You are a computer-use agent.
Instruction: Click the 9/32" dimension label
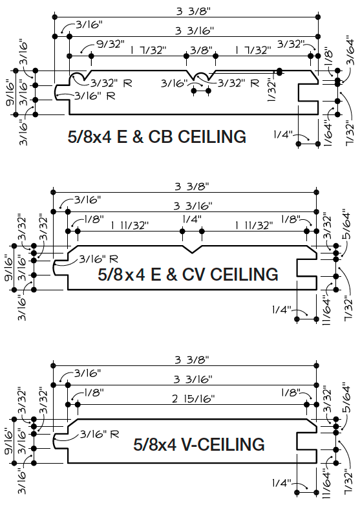click(x=111, y=44)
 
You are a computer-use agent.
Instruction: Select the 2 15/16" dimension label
click(x=193, y=398)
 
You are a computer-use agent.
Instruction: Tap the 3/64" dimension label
click(x=350, y=50)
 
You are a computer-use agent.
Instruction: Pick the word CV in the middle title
click(x=194, y=274)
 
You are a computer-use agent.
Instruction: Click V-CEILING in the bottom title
click(x=223, y=444)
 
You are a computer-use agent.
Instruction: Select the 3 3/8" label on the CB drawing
click(x=193, y=12)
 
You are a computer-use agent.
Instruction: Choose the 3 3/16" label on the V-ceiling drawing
click(x=193, y=379)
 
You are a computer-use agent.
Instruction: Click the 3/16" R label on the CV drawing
click(x=98, y=259)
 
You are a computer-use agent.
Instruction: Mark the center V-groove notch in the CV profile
click(x=193, y=250)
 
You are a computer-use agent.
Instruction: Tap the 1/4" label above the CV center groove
click(x=192, y=219)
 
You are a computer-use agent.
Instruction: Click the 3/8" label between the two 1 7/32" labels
click(x=201, y=50)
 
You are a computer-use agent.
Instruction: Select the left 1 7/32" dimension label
click(x=149, y=50)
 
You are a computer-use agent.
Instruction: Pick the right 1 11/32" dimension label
click(x=253, y=225)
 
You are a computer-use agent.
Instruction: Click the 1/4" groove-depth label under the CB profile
click(x=283, y=134)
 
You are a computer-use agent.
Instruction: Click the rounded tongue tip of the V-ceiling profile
click(x=54, y=441)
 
